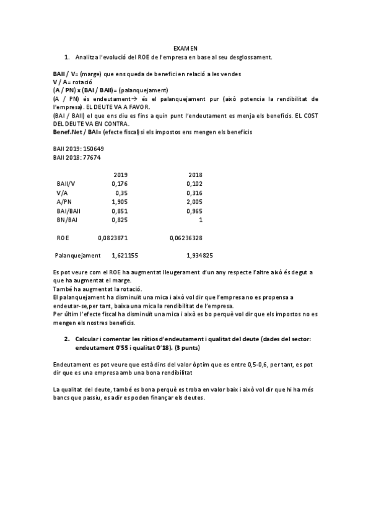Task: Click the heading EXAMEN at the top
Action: click(x=185, y=48)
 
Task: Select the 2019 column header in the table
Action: click(x=120, y=175)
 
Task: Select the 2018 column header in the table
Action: click(x=195, y=175)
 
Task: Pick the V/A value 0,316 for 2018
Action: click(x=194, y=193)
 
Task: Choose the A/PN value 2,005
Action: click(x=194, y=202)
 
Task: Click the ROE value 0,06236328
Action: click(x=186, y=237)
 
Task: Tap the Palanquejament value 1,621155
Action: click(x=124, y=255)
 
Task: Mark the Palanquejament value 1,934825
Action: click(x=199, y=255)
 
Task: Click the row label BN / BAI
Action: click(x=68, y=219)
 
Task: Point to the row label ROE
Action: click(x=63, y=237)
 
